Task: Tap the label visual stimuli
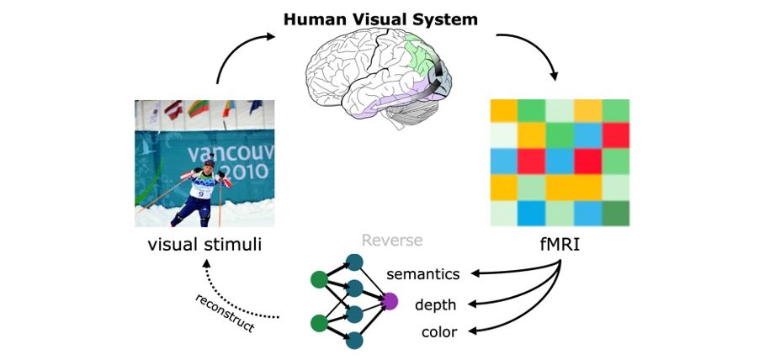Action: (x=204, y=246)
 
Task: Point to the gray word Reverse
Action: (x=391, y=241)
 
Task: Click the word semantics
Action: (x=422, y=274)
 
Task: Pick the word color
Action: (x=439, y=332)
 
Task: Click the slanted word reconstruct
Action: (x=225, y=313)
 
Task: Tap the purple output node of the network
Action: (x=390, y=300)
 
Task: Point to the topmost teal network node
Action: (x=354, y=262)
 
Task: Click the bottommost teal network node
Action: (x=354, y=340)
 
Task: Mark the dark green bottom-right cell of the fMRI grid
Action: (x=615, y=213)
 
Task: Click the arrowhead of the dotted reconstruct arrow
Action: (x=205, y=263)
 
